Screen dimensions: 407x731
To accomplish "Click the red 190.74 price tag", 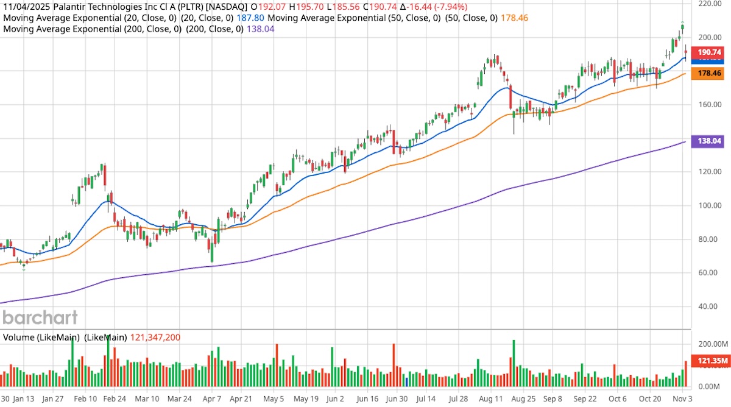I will (710, 52).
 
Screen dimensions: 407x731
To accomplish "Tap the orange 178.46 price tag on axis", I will (710, 74).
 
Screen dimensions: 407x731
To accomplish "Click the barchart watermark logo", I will (40, 317).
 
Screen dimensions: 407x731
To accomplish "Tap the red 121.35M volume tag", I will (710, 361).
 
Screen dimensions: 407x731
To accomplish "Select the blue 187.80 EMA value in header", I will (250, 18).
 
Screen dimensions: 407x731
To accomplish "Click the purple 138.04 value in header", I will (260, 29).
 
